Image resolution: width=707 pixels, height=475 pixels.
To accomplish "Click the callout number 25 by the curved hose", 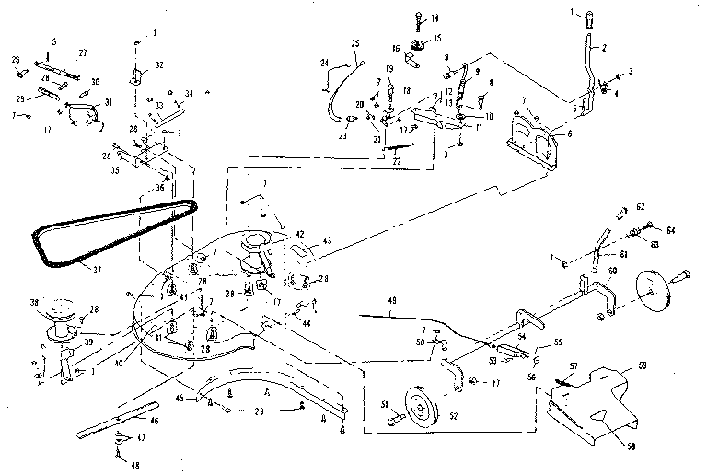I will point(355,43).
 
